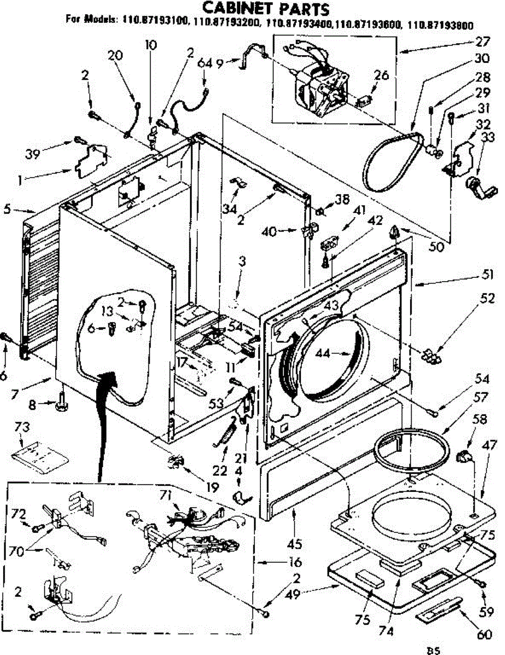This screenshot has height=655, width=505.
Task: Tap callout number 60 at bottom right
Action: [484, 634]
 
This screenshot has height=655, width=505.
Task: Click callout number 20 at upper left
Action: [115, 55]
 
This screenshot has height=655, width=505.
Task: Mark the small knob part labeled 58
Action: [463, 456]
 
